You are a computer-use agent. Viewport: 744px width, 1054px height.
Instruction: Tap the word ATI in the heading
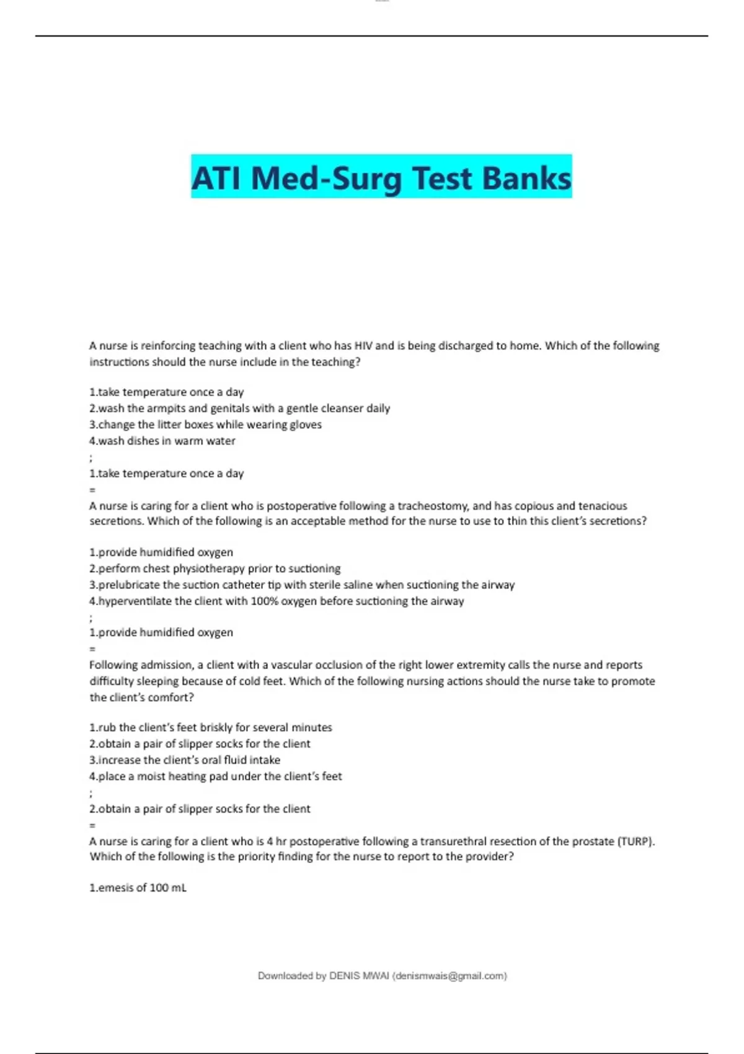218,178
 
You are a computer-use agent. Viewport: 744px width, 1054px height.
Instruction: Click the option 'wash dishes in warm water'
162,441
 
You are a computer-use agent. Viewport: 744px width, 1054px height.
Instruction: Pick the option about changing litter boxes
206,425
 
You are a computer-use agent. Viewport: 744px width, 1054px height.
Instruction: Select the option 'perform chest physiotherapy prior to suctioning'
215,569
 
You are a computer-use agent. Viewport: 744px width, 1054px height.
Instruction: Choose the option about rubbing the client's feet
211,727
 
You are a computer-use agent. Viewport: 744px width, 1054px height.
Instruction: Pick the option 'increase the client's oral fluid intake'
185,760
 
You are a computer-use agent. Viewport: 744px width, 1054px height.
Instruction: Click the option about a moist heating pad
216,776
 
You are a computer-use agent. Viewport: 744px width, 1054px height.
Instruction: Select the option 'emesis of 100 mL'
138,888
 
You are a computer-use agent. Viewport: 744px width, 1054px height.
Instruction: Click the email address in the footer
449,976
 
